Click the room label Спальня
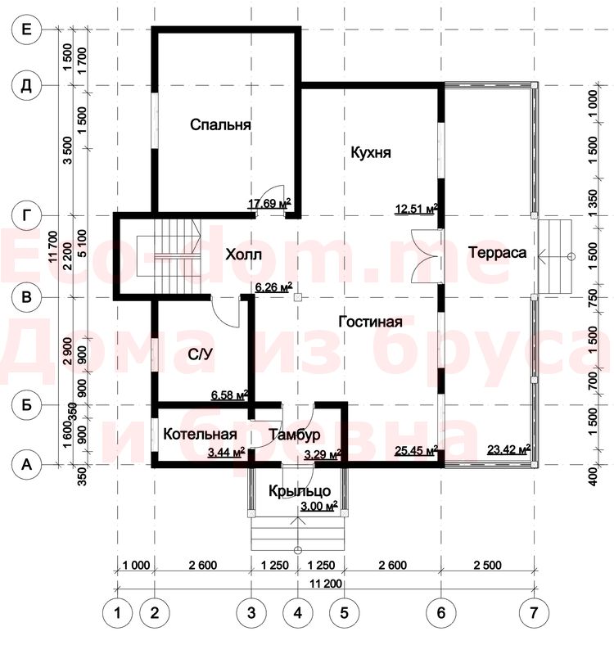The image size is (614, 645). point(220,124)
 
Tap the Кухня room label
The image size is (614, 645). point(371,152)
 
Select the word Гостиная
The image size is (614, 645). point(370,321)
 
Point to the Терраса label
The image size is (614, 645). point(497,253)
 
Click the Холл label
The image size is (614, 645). point(244,255)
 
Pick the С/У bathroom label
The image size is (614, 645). point(201,354)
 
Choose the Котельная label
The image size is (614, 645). point(200,435)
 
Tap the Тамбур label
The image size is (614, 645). point(294,435)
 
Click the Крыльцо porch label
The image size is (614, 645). point(300,491)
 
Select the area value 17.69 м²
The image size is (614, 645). point(269,203)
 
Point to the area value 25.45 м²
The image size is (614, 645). point(416,451)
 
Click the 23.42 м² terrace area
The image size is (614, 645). point(508,449)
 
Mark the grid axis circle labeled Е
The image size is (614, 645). point(26,29)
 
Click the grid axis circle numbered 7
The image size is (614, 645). point(534,613)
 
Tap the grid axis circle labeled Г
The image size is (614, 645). point(26,215)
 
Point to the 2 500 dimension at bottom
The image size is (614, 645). point(488,566)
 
